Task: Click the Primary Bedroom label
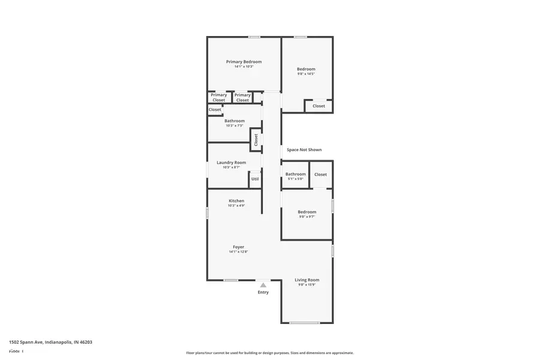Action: [244, 62]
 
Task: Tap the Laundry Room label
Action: [231, 163]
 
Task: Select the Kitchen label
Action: [236, 201]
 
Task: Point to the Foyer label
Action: [238, 247]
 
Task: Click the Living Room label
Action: [307, 280]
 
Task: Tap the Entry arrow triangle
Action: [263, 285]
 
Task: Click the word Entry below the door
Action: [263, 292]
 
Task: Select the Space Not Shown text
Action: [304, 150]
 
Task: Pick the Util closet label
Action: [255, 179]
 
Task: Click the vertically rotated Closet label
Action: [256, 140]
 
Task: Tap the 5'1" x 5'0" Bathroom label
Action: [295, 175]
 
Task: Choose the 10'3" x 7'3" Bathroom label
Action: [235, 121]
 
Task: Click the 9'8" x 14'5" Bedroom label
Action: [306, 70]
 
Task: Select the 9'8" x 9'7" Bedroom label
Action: [307, 212]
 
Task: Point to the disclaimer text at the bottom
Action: [269, 353]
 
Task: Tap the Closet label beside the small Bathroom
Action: [320, 175]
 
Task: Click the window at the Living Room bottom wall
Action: [304, 323]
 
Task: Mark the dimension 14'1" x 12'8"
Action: [238, 252]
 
